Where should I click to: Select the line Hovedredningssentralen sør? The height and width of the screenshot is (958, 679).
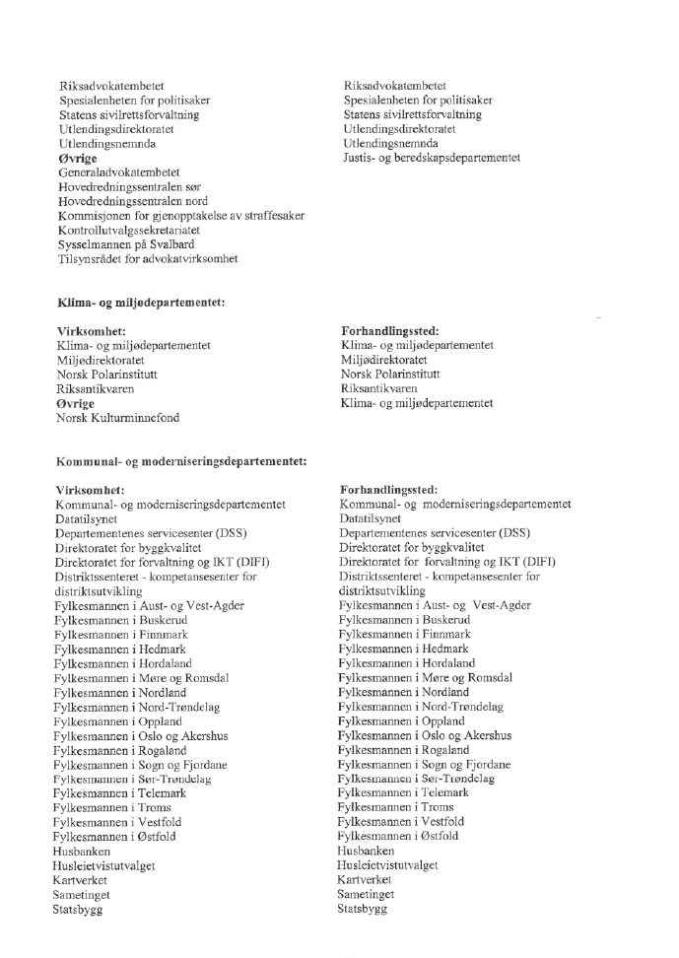[x=132, y=186]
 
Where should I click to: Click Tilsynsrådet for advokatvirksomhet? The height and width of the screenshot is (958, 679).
[x=148, y=259]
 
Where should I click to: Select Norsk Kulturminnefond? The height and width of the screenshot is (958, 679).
[x=117, y=418]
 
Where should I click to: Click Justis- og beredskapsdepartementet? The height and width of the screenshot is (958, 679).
[x=432, y=158]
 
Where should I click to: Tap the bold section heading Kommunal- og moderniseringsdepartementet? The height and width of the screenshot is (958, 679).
[x=181, y=460]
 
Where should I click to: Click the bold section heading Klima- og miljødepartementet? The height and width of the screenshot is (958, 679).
[x=141, y=302]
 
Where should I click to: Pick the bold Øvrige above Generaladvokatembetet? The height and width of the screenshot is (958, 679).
[x=77, y=158]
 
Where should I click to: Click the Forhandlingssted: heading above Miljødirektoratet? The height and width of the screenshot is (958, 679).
[x=389, y=331]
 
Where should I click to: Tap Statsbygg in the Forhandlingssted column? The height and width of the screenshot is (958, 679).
[x=362, y=909]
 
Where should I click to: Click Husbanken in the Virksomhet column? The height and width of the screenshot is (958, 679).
[x=82, y=851]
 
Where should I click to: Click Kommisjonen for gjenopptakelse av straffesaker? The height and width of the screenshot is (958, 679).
[x=180, y=216]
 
